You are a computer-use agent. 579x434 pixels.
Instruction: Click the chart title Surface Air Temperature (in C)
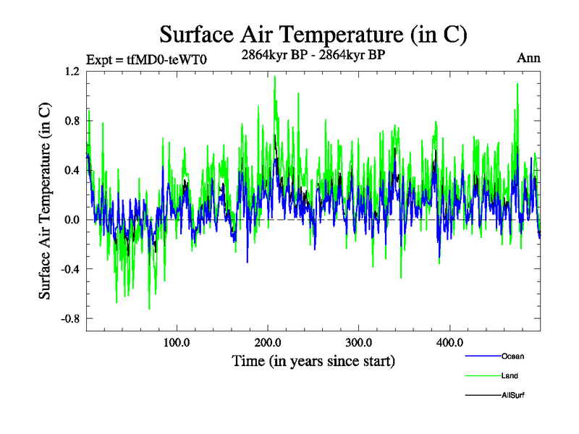[313, 35]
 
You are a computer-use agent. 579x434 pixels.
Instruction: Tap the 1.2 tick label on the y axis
[73, 72]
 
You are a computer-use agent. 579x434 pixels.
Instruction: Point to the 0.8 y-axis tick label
[73, 121]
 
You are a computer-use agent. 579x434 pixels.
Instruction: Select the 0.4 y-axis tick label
[73, 170]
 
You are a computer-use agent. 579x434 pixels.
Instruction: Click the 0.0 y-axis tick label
[73, 220]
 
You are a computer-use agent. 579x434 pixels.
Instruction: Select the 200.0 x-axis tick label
[268, 342]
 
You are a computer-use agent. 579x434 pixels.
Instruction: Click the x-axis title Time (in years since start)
[313, 360]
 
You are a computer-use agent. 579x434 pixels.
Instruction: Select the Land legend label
[510, 375]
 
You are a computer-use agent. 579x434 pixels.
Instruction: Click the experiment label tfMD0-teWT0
[147, 59]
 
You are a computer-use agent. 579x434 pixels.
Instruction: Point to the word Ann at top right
[528, 58]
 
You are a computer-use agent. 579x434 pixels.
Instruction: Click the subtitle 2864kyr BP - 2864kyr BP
[313, 53]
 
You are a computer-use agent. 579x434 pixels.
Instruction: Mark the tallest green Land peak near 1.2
[275, 77]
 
